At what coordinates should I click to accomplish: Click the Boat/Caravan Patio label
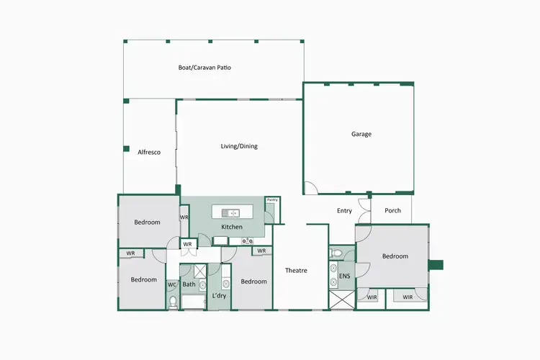tap(204, 68)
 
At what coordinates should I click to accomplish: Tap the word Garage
tap(361, 134)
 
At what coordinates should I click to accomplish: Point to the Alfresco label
tap(148, 152)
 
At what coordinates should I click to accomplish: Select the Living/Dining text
tap(239, 146)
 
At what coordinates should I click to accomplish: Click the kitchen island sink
tap(232, 213)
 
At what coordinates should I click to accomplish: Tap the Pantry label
tap(272, 199)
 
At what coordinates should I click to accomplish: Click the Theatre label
tap(296, 271)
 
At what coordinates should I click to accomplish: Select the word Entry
tap(344, 211)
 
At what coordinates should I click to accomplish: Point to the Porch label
tap(393, 211)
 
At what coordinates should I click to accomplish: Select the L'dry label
tap(220, 296)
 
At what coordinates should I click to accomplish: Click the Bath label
tap(189, 284)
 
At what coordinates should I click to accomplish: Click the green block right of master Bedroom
tap(436, 264)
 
